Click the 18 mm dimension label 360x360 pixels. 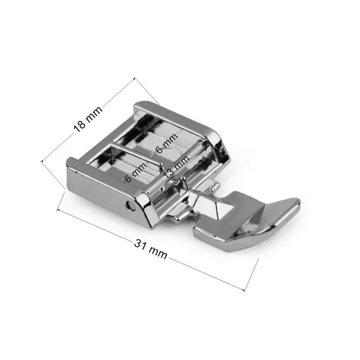point(88,119)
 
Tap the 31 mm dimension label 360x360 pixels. point(151,249)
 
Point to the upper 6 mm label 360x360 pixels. point(167,143)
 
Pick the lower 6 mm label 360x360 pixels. point(136,172)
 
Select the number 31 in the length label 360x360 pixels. point(140,245)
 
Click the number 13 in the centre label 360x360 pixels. point(169,173)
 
